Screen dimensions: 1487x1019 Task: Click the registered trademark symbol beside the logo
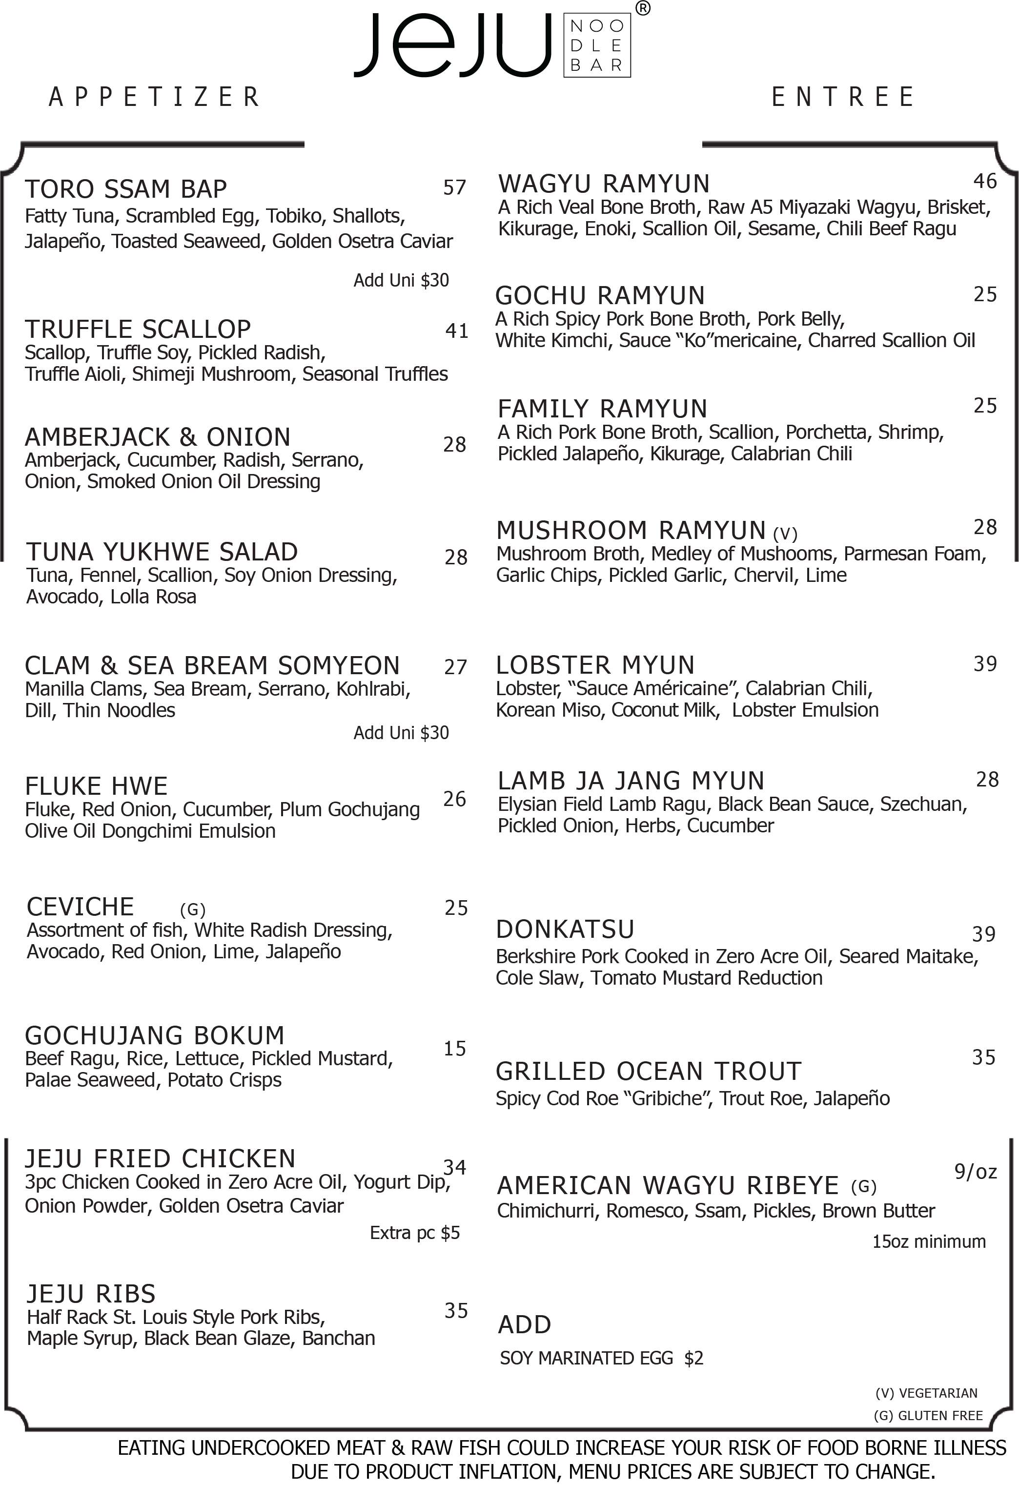tap(643, 8)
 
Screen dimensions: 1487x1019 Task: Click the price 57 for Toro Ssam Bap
tap(455, 187)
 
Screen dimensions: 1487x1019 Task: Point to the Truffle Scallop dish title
tap(138, 329)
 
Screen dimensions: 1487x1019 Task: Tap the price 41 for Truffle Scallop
tap(457, 331)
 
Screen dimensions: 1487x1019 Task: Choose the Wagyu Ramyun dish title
tap(604, 184)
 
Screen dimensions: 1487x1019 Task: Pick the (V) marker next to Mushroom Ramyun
tap(785, 533)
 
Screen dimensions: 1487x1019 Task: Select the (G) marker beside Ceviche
tap(193, 909)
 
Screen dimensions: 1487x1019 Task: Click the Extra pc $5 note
tap(414, 1232)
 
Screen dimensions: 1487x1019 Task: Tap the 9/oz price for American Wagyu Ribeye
tap(976, 1171)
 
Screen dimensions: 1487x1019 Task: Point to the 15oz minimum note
tap(929, 1241)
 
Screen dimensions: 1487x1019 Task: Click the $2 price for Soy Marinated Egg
tap(694, 1358)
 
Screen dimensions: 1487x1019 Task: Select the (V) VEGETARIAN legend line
tap(926, 1393)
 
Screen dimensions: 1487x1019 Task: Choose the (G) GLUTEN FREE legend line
tap(928, 1415)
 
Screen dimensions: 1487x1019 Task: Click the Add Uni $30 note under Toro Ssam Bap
tap(401, 280)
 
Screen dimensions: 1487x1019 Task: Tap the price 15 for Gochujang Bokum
tap(455, 1048)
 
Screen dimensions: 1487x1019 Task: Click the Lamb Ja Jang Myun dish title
tap(631, 781)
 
